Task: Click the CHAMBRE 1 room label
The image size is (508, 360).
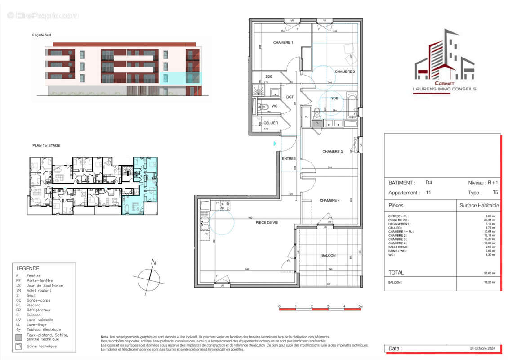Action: (283, 43)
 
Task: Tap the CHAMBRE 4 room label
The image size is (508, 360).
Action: (330, 200)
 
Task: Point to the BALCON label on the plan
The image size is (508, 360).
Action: (329, 255)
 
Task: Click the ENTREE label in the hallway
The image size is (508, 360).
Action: (289, 159)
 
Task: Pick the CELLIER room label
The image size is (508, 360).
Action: (271, 123)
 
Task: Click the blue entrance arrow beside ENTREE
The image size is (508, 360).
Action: (275, 144)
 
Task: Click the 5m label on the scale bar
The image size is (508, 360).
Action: (361, 306)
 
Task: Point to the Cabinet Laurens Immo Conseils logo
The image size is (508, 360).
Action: (444, 61)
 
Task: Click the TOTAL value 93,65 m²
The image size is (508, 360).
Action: (490, 273)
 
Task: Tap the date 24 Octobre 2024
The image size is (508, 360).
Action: (481, 348)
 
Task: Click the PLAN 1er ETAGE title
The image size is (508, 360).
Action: (46, 145)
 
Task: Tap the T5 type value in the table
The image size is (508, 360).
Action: (495, 192)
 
